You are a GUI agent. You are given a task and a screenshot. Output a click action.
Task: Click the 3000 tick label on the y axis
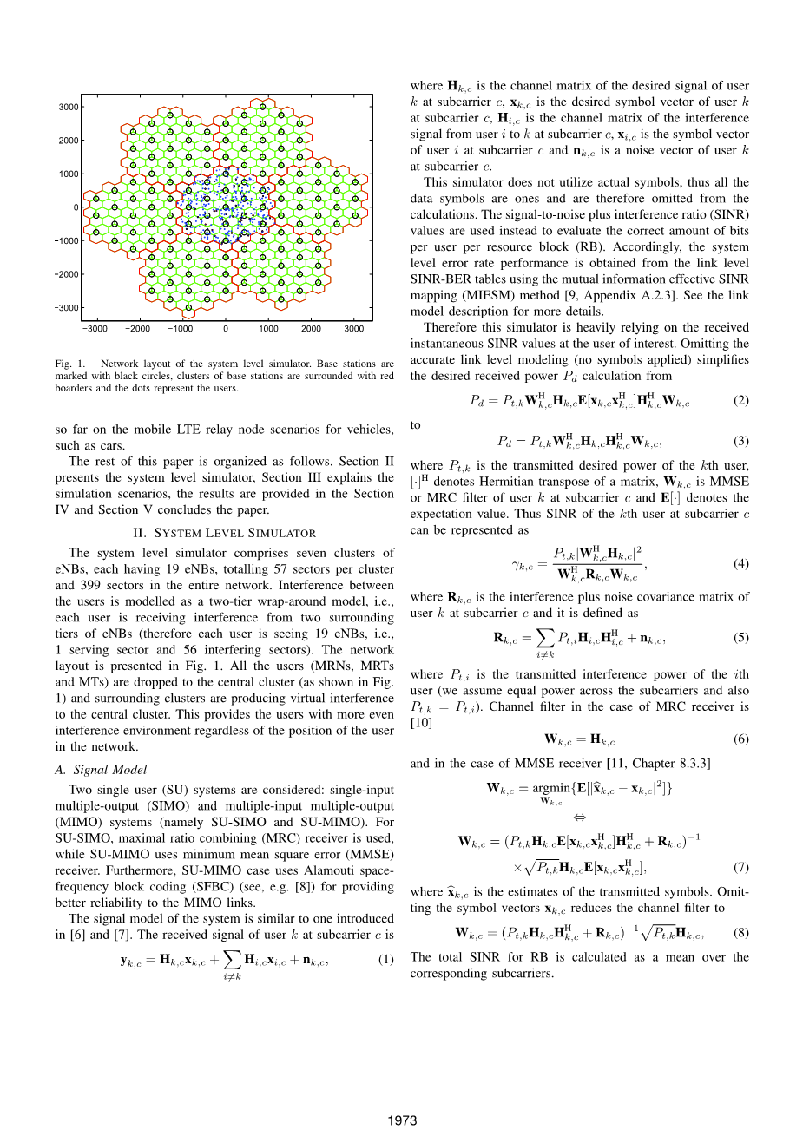click(69, 107)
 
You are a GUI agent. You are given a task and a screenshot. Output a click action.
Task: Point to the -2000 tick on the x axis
click(137, 329)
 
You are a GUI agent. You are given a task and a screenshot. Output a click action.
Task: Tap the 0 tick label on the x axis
click(226, 329)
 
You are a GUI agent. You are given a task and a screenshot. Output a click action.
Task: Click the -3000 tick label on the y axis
click(67, 308)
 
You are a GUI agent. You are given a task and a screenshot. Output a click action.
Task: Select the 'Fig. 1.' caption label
click(69, 364)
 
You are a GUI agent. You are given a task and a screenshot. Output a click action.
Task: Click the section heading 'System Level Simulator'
click(224, 533)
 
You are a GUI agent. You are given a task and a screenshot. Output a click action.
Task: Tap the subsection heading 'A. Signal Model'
click(101, 770)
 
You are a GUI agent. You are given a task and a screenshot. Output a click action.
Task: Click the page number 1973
click(402, 1120)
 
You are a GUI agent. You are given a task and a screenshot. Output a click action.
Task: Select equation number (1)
click(385, 960)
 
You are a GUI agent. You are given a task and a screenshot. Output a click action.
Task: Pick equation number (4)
click(740, 564)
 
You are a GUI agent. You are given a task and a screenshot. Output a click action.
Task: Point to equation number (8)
click(740, 934)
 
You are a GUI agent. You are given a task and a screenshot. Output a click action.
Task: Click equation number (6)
click(740, 739)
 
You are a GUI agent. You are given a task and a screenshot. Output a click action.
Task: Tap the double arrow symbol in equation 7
click(580, 818)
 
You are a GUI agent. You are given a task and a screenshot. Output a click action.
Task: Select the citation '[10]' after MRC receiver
click(421, 723)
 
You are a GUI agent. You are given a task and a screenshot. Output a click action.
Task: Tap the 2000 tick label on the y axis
click(69, 141)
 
